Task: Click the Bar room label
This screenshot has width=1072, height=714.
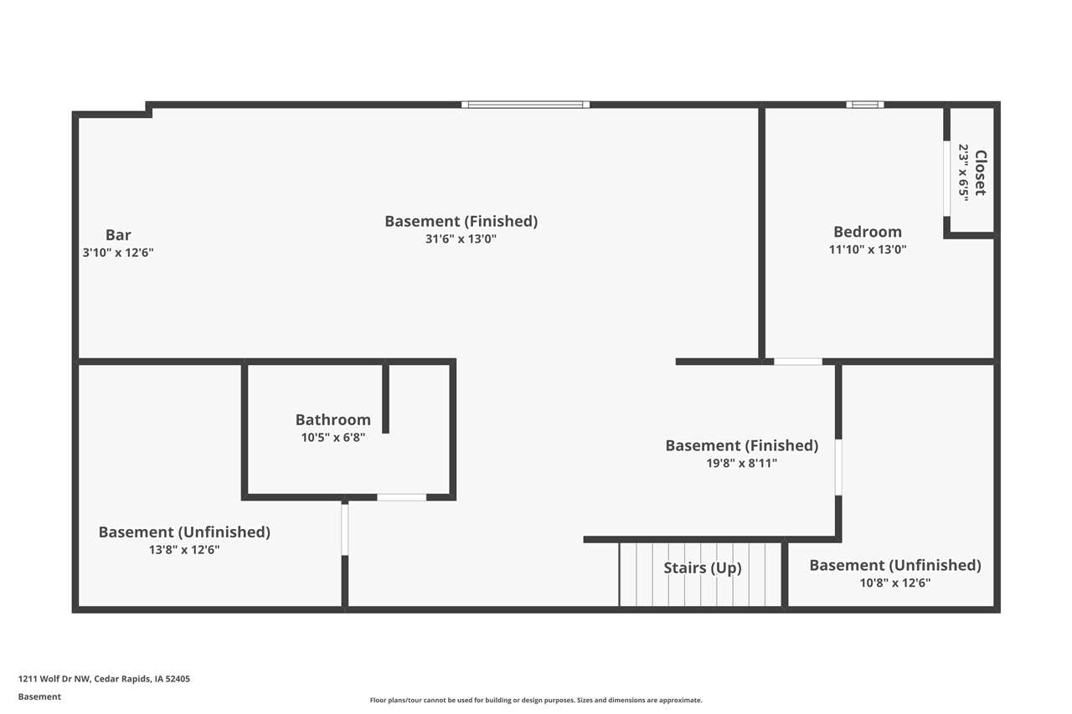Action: (x=118, y=235)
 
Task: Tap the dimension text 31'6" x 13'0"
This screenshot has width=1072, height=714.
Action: (x=461, y=239)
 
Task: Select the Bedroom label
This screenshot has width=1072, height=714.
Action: (x=867, y=232)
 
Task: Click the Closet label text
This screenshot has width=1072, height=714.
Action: (x=980, y=172)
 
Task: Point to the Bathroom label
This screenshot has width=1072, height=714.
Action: (x=332, y=419)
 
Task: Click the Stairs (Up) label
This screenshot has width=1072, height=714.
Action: (x=702, y=568)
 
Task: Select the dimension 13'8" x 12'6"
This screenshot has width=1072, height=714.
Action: (x=183, y=550)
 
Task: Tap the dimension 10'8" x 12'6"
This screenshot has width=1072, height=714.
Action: (x=894, y=583)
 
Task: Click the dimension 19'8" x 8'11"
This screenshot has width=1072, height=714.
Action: (x=741, y=463)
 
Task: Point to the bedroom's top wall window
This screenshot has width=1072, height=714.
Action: (x=864, y=105)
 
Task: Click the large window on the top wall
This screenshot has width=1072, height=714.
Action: (x=525, y=105)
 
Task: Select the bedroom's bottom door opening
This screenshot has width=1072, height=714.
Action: (x=797, y=362)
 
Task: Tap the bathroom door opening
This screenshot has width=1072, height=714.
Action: (x=401, y=497)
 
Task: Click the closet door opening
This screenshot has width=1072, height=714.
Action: (x=946, y=178)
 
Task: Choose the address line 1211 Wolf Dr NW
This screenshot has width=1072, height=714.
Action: (x=104, y=679)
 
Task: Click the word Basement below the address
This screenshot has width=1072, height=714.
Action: (x=39, y=696)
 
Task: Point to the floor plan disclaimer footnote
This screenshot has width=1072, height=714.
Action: (x=536, y=700)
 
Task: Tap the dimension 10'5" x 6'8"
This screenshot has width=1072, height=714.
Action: (x=332, y=437)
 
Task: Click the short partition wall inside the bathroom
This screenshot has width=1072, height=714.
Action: (x=385, y=398)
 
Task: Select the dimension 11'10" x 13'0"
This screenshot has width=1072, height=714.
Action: (x=867, y=249)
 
